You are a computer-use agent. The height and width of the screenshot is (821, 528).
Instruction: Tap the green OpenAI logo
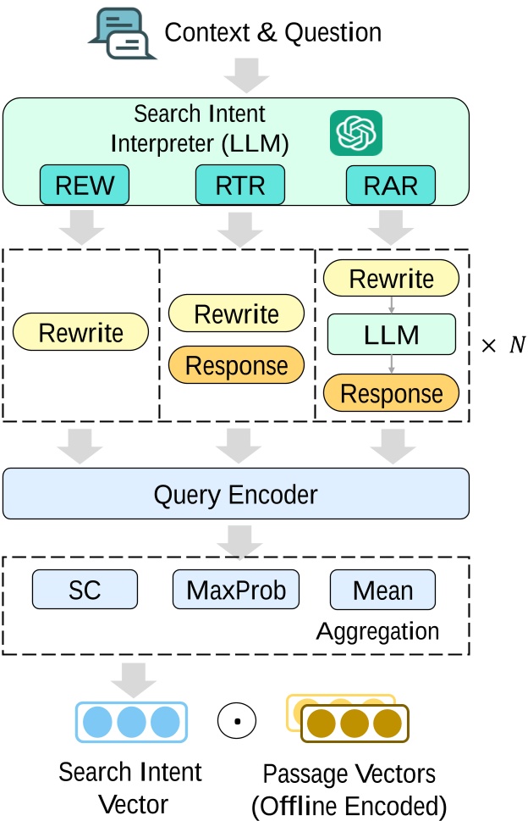click(355, 134)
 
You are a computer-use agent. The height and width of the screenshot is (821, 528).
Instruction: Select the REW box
click(84, 186)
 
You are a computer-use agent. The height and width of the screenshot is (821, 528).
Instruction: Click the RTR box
click(239, 186)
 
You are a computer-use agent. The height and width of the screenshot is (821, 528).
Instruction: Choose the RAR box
click(391, 186)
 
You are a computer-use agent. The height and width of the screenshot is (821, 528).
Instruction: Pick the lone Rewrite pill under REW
click(81, 333)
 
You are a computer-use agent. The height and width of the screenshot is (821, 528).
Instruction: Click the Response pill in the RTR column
click(236, 366)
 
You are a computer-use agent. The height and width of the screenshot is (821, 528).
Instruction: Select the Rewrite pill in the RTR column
click(236, 313)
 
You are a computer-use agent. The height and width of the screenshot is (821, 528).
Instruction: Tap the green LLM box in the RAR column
click(391, 335)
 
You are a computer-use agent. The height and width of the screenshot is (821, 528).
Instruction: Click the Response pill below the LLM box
click(391, 393)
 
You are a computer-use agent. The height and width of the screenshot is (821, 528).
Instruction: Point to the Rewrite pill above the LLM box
click(391, 279)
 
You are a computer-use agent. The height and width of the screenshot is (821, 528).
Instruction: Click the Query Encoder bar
click(235, 493)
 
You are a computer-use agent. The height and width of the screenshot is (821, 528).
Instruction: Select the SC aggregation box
click(85, 590)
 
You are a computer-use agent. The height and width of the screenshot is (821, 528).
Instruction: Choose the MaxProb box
click(236, 590)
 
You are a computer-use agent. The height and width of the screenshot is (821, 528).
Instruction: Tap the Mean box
click(382, 590)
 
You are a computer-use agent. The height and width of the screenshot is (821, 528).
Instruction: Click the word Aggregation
click(377, 631)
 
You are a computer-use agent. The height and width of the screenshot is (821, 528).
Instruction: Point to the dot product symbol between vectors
click(237, 722)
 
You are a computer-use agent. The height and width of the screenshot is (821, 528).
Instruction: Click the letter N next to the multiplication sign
click(516, 346)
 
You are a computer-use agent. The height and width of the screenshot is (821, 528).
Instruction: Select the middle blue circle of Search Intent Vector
click(130, 722)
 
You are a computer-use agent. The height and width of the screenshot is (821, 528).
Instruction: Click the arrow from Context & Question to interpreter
click(246, 78)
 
